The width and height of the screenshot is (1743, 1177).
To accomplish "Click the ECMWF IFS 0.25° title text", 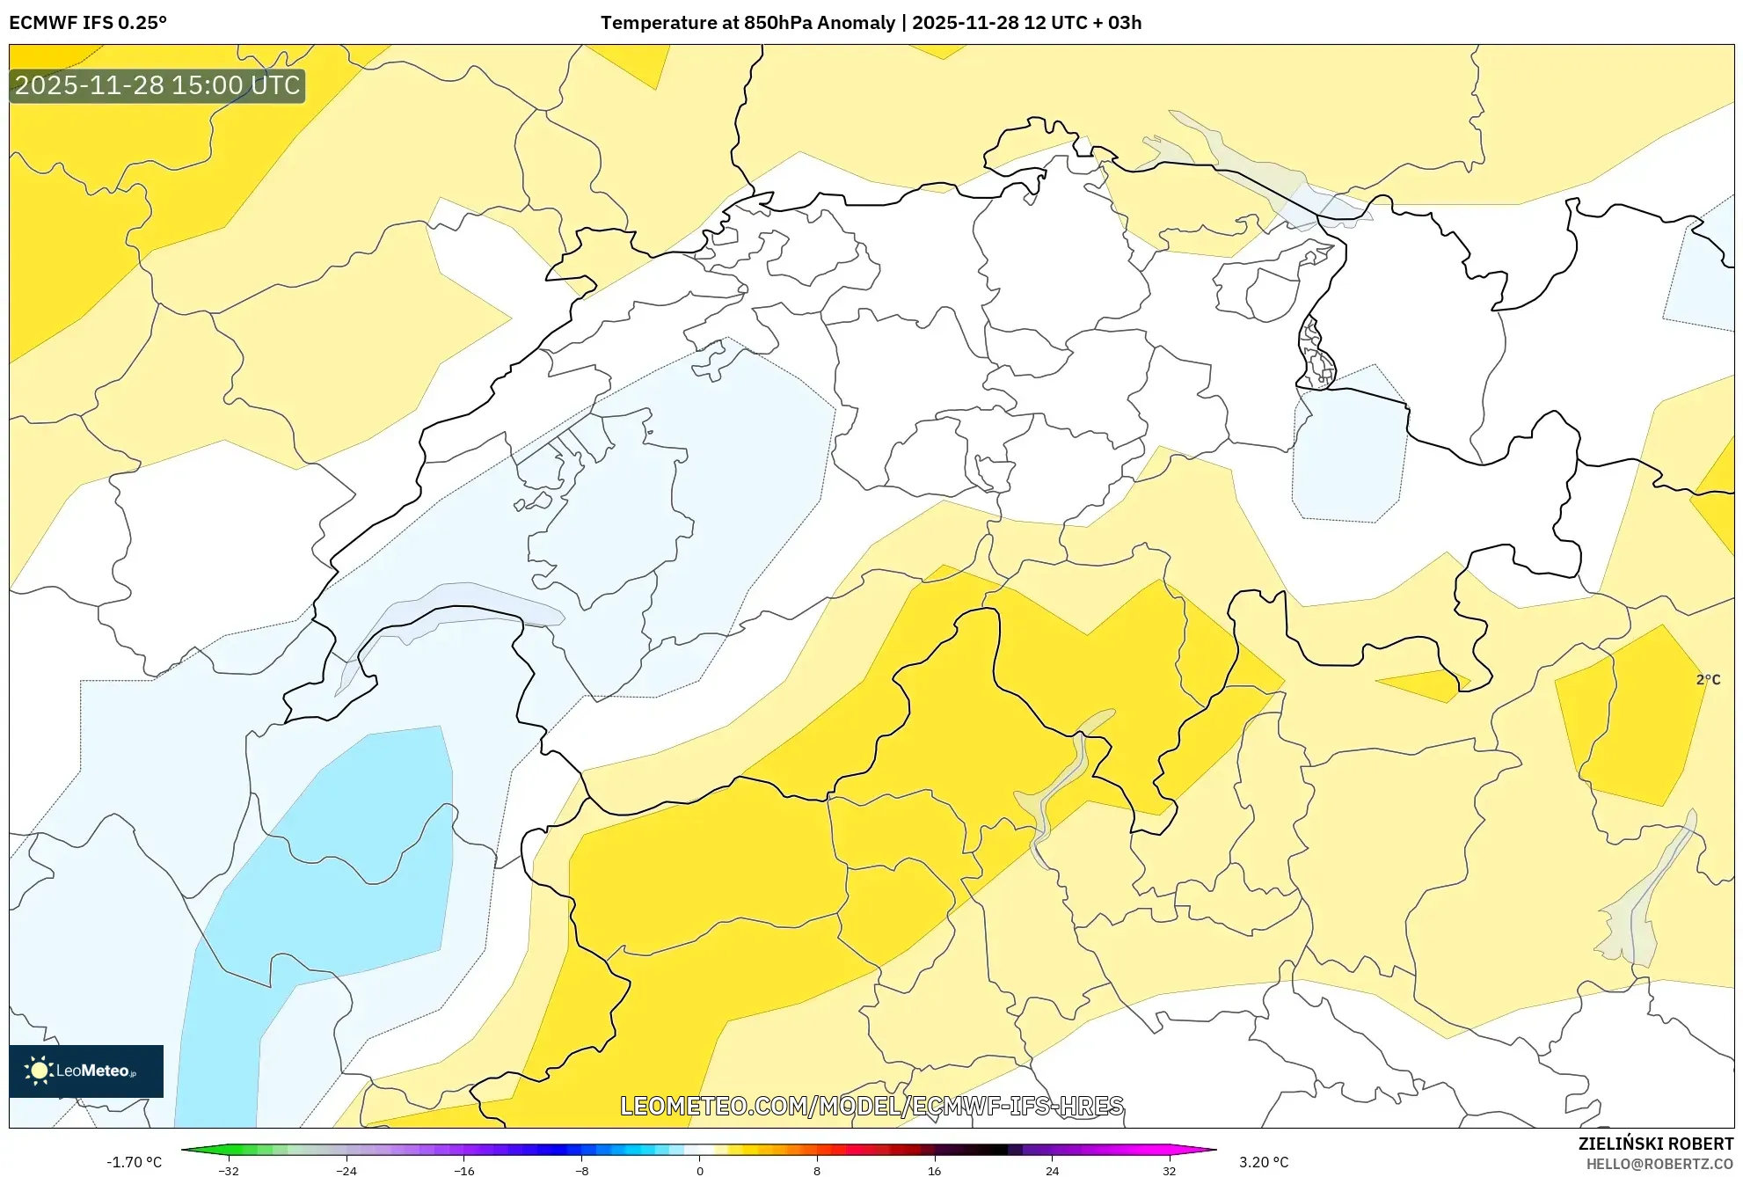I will pyautogui.click(x=88, y=23).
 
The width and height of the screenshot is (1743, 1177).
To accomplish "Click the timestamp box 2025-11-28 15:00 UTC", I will pyautogui.click(x=157, y=85).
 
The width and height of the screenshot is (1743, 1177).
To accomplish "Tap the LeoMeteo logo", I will pyautogui.click(x=86, y=1071).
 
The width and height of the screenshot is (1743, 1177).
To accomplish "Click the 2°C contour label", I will pyautogui.click(x=1708, y=679).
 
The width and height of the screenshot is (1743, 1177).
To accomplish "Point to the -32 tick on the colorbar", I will pyautogui.click(x=229, y=1170).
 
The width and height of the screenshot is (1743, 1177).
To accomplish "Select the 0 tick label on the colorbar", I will pyautogui.click(x=699, y=1170).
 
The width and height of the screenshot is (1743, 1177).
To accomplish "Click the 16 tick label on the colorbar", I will pyautogui.click(x=934, y=1170).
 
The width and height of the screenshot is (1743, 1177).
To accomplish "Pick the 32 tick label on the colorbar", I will pyautogui.click(x=1169, y=1170).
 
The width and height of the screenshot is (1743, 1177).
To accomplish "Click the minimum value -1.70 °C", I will pyautogui.click(x=135, y=1162).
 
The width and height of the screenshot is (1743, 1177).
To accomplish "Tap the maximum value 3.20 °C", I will pyautogui.click(x=1264, y=1162).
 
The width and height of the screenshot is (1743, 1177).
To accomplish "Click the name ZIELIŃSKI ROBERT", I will pyautogui.click(x=1655, y=1144).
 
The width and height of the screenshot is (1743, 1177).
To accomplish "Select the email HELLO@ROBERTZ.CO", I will pyautogui.click(x=1659, y=1164).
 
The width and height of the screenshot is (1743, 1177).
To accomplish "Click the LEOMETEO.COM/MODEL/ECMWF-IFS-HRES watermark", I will pyautogui.click(x=871, y=1106).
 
